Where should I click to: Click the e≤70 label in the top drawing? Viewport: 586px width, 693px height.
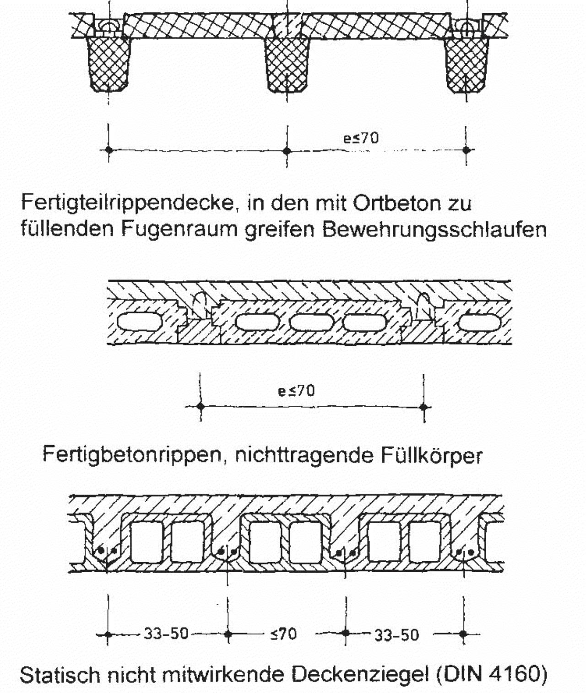click(361, 138)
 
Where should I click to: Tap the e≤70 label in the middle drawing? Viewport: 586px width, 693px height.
click(296, 391)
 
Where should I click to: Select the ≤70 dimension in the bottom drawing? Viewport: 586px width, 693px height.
click(283, 634)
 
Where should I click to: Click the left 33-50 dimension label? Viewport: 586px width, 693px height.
click(166, 634)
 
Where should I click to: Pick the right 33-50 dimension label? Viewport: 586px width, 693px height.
click(396, 635)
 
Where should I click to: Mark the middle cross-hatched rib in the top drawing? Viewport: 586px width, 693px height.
click(288, 64)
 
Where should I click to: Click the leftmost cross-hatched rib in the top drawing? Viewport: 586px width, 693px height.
click(109, 64)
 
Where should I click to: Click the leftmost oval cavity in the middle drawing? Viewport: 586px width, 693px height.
click(140, 322)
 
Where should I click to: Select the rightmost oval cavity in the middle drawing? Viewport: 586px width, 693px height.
click(480, 322)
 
